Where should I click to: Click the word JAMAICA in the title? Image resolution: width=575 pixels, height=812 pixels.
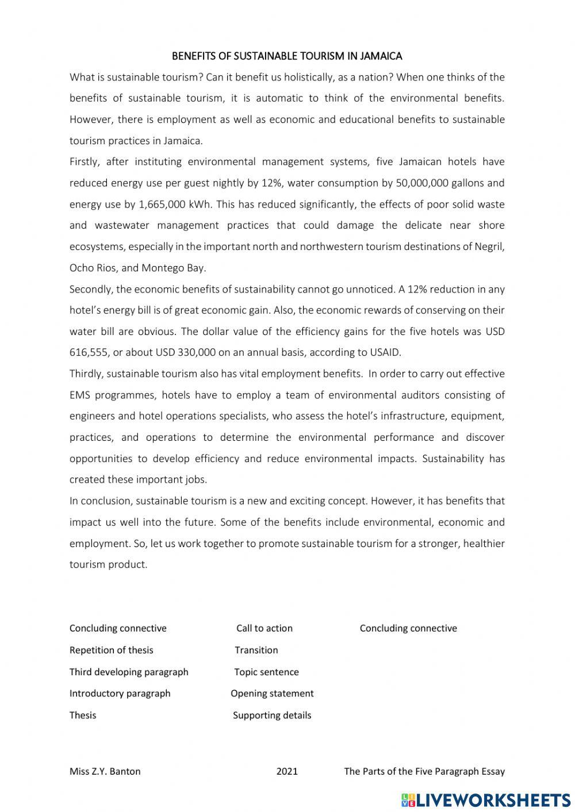pos(381,56)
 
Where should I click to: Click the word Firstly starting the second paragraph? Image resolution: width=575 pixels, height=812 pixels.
pos(85,161)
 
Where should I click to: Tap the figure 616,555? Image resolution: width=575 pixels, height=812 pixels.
pos(88,352)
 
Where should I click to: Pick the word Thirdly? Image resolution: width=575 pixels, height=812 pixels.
pos(86,374)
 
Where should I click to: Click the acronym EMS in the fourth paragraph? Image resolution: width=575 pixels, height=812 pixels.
pos(79,395)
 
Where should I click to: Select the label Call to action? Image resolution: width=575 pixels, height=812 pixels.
pos(264,628)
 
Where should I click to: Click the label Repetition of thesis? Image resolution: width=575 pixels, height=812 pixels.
pos(111,650)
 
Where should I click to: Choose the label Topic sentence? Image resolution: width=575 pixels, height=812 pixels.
pos(266,672)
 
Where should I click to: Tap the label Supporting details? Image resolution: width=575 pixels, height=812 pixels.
pos(272,715)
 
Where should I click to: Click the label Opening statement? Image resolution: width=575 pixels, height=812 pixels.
pos(272,694)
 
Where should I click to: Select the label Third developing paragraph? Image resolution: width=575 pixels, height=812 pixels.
pos(129,672)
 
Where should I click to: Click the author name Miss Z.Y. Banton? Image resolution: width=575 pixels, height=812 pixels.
pos(105,771)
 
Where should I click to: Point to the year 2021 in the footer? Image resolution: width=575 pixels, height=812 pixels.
pos(287,771)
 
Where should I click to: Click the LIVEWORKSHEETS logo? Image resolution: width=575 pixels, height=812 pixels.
pos(486,799)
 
